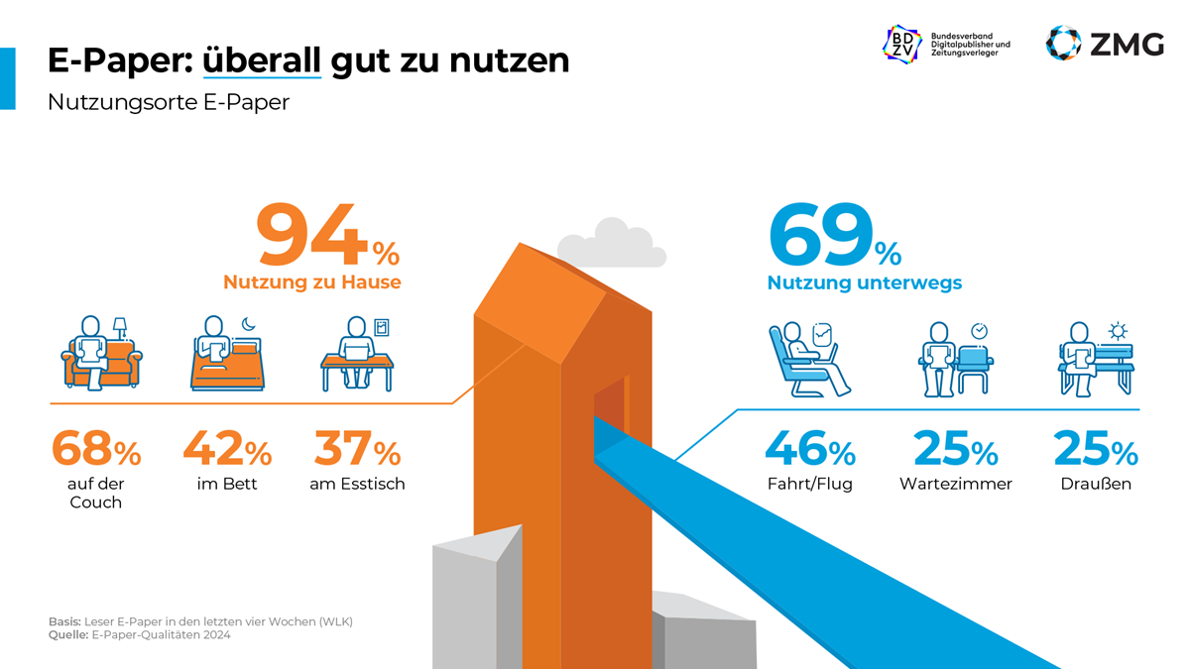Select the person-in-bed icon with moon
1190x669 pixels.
pyautogui.click(x=226, y=354)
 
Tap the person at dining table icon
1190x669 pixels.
pyautogui.click(x=357, y=355)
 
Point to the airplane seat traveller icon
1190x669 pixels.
pyautogui.click(x=807, y=359)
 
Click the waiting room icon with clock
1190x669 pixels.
pyautogui.click(x=954, y=359)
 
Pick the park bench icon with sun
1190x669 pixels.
pyautogui.click(x=1095, y=359)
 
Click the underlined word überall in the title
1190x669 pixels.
pyautogui.click(x=262, y=60)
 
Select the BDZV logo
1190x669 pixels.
pyautogui.click(x=901, y=44)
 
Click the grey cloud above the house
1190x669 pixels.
pyautogui.click(x=610, y=243)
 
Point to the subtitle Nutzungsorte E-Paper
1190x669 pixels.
pyautogui.click(x=169, y=102)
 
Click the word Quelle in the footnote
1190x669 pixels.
pyautogui.click(x=67, y=635)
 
